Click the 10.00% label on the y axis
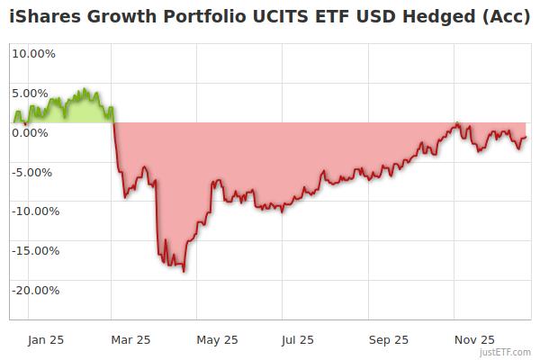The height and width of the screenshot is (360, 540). tap(33, 53)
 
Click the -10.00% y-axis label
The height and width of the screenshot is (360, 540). tap(33, 211)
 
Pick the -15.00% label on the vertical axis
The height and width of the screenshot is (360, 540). tap(33, 251)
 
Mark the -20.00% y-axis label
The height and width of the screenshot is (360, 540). tap(33, 291)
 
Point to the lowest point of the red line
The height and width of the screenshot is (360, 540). tap(184, 271)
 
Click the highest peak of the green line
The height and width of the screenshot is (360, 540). tap(85, 89)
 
